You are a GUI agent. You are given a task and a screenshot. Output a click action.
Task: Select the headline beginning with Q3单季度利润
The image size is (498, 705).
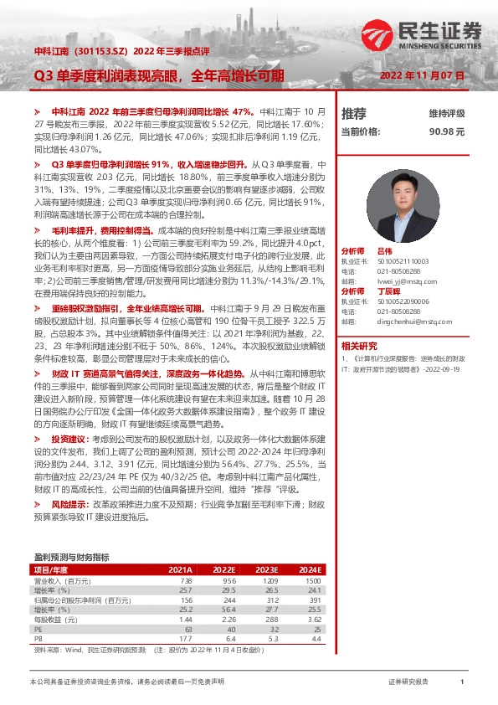pos(159,75)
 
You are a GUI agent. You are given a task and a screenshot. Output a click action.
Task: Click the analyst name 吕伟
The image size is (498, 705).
pos(384,251)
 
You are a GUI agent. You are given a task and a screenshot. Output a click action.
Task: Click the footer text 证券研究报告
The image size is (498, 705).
pos(408,682)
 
